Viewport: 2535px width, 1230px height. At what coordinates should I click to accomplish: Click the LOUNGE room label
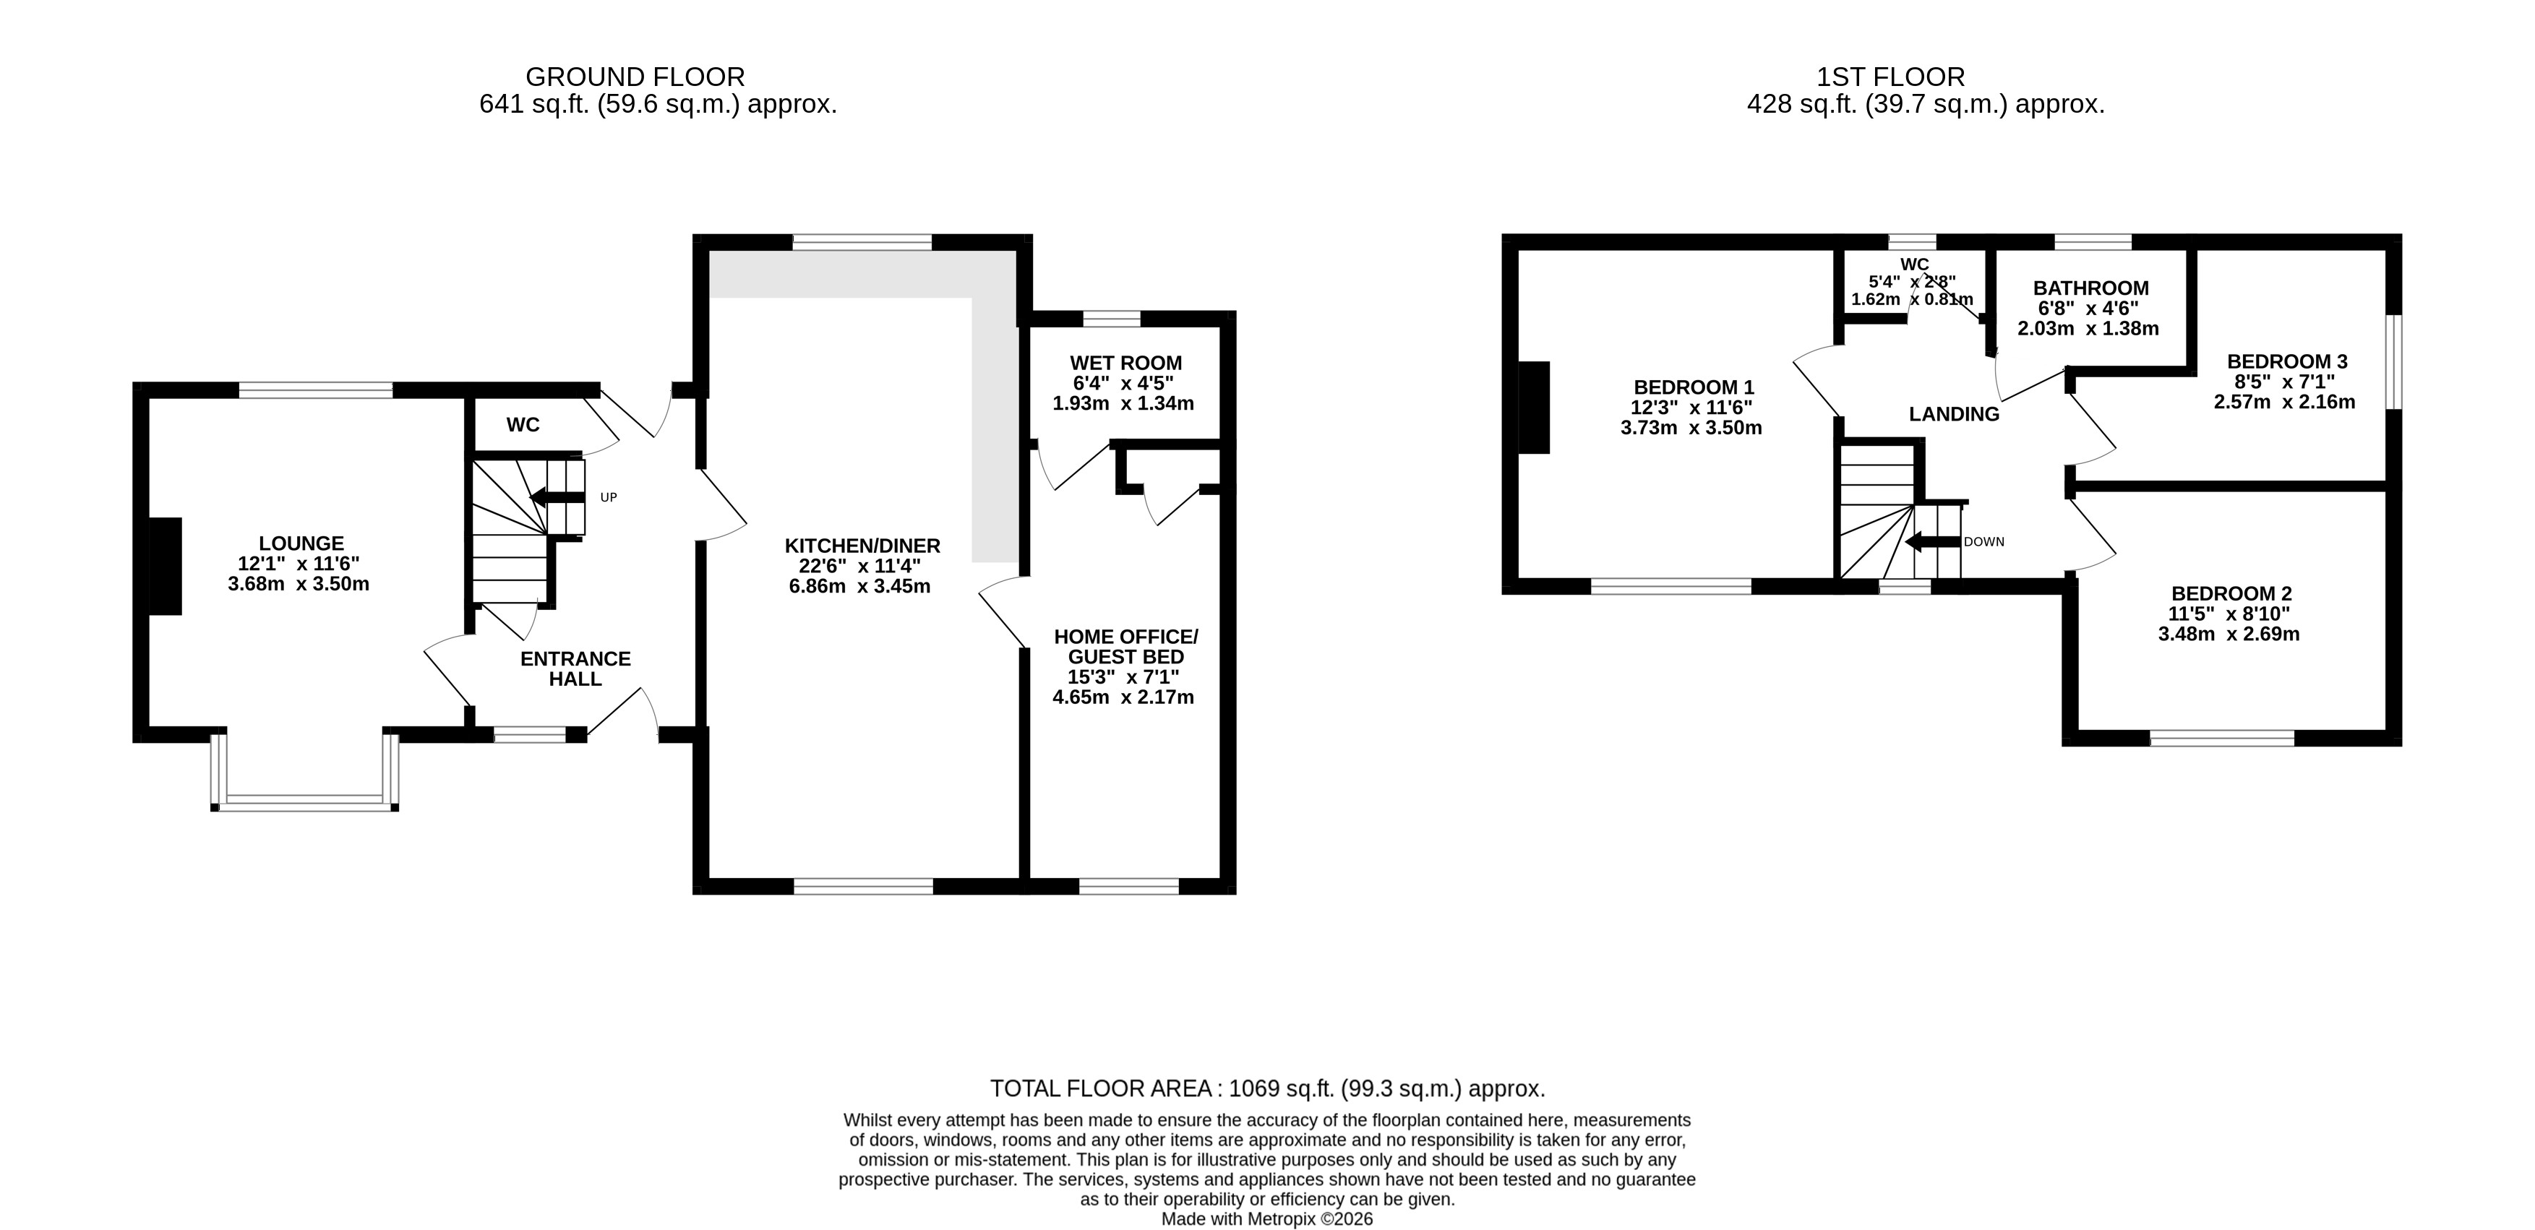(301, 543)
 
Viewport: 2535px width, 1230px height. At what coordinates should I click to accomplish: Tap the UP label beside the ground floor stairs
(608, 498)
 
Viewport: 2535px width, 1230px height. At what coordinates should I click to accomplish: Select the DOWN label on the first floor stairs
(1984, 542)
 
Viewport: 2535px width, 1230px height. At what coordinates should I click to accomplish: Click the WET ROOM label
(1125, 363)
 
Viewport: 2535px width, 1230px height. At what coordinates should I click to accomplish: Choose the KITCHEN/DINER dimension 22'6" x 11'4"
(859, 567)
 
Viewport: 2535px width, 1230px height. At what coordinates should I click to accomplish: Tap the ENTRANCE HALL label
(575, 669)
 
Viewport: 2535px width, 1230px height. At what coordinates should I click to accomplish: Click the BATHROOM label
(2091, 288)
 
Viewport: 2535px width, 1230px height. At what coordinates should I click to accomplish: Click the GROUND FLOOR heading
(635, 77)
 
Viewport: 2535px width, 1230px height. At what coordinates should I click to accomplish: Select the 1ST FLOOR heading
(1890, 77)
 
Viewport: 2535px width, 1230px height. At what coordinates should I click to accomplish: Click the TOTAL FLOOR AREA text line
(1268, 1088)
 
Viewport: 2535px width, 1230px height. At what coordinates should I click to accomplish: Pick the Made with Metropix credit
(1268, 1219)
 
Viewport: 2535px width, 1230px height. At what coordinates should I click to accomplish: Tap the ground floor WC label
(523, 425)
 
